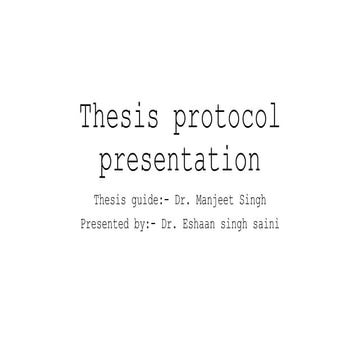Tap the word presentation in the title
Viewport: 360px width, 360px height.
pyautogui.click(x=180, y=160)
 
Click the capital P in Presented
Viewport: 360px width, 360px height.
pyautogui.click(x=83, y=225)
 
